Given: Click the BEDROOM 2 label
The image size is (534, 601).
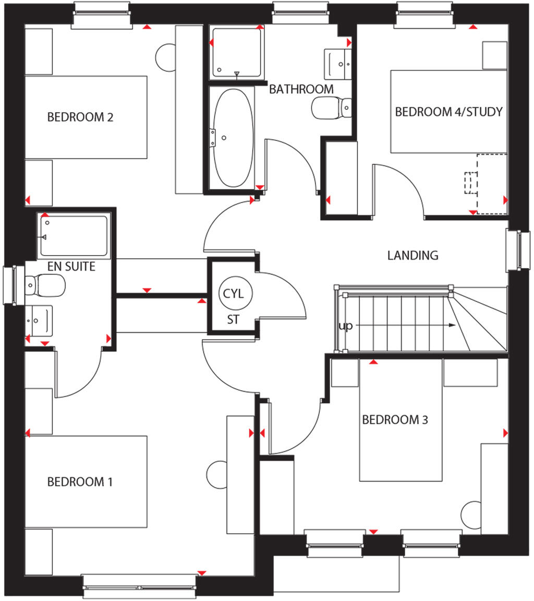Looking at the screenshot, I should coord(80,117).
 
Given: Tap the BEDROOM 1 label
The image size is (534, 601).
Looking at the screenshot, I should coord(80,482).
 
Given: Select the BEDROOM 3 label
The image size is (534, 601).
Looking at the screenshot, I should coord(395,419).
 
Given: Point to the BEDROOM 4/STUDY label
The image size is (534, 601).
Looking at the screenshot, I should coord(448,112).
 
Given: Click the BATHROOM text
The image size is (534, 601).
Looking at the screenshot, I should coord(301,89).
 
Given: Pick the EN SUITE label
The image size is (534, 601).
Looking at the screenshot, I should coord(71,267).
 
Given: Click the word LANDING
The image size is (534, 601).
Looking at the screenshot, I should coord(412,256).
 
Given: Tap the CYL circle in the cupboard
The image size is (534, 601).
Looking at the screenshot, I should coord(234,293).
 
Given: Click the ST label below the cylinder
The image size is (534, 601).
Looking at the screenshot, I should coord(233,320).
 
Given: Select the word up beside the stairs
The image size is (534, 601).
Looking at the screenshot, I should coord(345,326).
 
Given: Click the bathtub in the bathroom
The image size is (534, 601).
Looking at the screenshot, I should coord(233,137).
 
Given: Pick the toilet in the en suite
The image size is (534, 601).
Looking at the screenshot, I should coord(45,285).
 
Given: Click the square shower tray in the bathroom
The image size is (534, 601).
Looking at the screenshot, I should coord(236,52).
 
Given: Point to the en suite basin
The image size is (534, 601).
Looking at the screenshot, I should coord(39,320).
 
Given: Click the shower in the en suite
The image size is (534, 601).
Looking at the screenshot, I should coord(74,236).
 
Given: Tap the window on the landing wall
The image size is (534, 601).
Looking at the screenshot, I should coord(518,250).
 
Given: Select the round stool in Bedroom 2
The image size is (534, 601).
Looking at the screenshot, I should coord(168,56).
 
